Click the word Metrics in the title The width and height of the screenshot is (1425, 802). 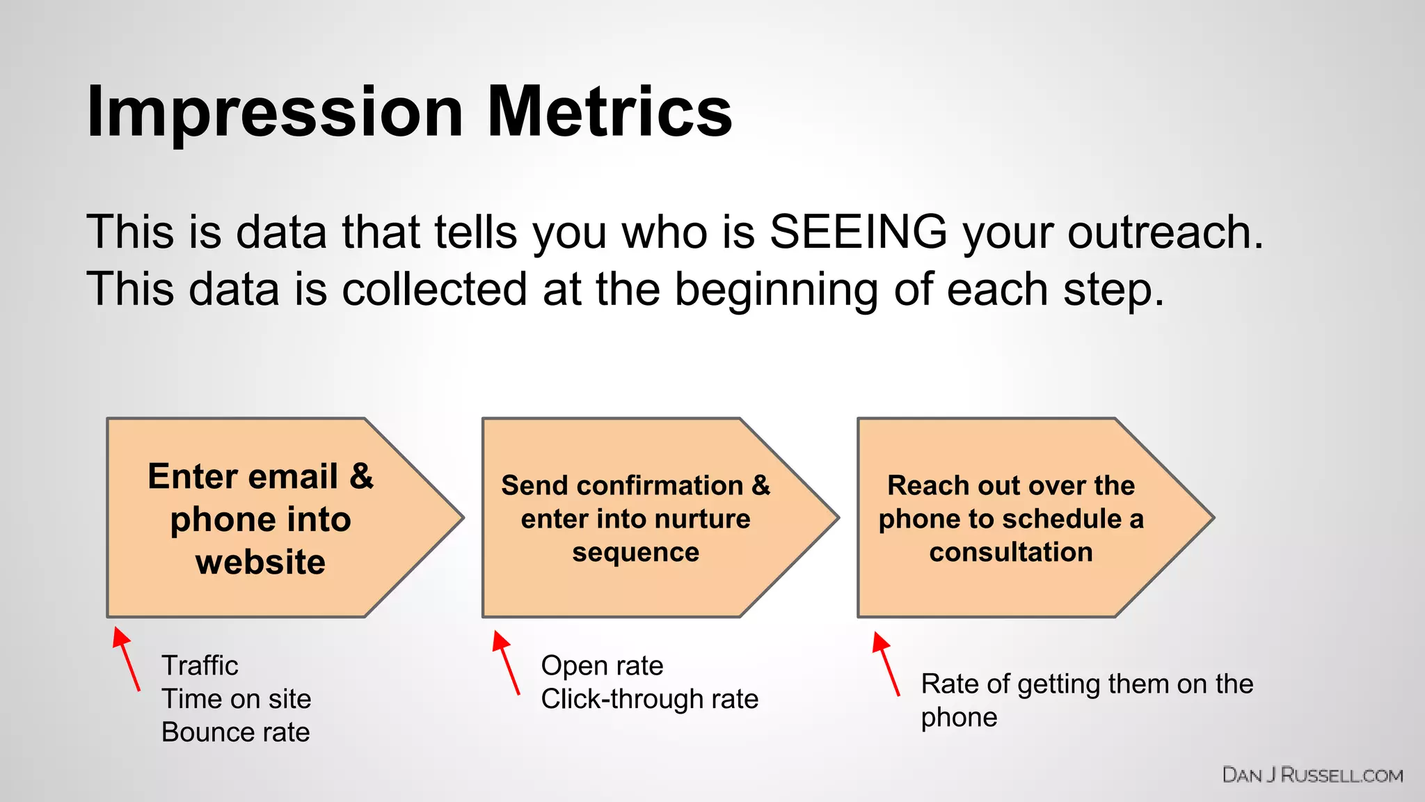click(610, 111)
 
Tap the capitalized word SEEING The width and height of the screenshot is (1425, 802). click(858, 232)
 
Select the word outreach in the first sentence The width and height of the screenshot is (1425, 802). click(1165, 232)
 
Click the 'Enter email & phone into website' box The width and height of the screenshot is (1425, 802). click(261, 519)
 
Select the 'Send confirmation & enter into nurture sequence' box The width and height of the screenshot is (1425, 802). click(635, 519)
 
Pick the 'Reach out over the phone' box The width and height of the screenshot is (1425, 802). click(1010, 519)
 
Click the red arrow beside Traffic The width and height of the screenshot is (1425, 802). click(126, 659)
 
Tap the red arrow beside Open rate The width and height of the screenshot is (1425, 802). click(506, 662)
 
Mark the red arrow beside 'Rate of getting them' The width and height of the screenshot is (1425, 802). click(886, 663)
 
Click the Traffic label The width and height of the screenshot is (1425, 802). click(200, 666)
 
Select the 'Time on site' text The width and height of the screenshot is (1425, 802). click(236, 699)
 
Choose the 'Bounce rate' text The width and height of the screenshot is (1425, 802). click(235, 732)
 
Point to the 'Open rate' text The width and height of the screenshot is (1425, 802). click(602, 666)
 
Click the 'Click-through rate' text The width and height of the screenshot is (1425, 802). click(649, 699)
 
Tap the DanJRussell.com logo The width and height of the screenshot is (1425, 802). click(1312, 776)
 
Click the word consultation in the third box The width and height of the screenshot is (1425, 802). click(1010, 552)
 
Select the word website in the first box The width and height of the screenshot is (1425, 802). click(260, 562)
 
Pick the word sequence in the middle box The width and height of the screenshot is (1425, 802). click(635, 552)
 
